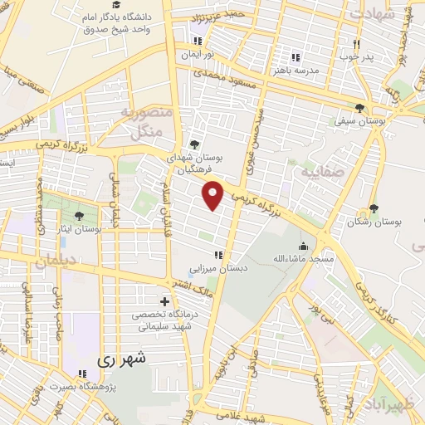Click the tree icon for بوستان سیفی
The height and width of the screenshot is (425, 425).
(x=359, y=108)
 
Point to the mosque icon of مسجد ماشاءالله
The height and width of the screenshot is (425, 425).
(x=304, y=246)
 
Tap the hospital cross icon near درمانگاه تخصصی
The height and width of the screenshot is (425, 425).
(x=164, y=301)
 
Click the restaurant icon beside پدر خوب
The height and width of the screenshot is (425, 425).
(x=357, y=44)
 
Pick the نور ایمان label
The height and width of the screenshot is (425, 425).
(x=198, y=53)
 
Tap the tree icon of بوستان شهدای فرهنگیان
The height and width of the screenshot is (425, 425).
(x=195, y=144)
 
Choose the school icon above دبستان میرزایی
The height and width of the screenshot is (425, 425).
(x=218, y=255)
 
